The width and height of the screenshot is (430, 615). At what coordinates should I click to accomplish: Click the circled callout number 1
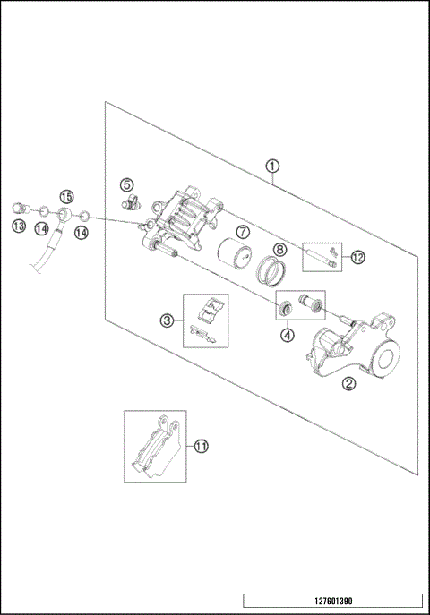click(x=272, y=166)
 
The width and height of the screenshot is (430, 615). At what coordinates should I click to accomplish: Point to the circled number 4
click(x=287, y=337)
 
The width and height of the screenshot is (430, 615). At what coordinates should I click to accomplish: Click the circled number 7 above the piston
click(x=242, y=231)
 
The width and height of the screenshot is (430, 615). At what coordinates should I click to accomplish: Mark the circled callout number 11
click(x=201, y=445)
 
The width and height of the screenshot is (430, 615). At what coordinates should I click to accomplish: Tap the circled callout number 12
click(x=358, y=258)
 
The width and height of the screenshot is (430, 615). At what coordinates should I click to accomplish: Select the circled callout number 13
click(x=18, y=227)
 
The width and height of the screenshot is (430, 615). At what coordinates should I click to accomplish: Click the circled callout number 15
click(x=65, y=197)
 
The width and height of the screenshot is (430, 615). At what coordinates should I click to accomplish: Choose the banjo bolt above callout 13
click(x=20, y=209)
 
